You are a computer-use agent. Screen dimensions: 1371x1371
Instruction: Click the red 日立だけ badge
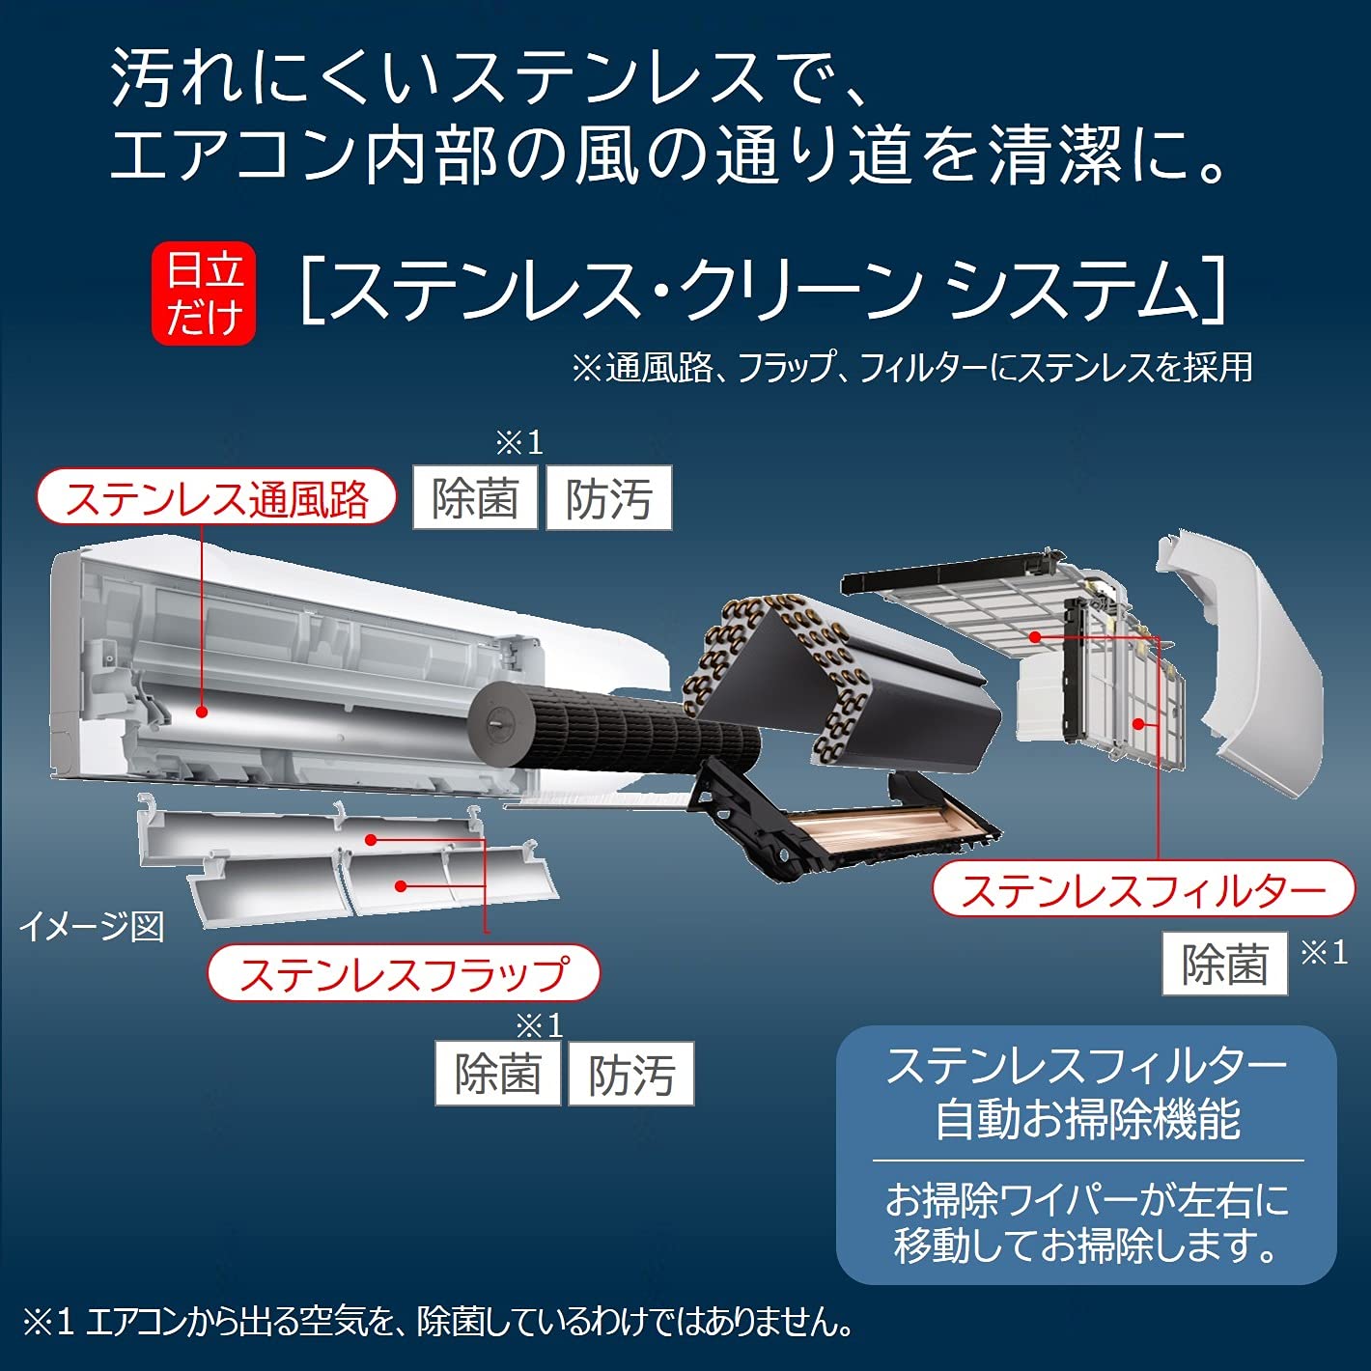pyautogui.click(x=204, y=293)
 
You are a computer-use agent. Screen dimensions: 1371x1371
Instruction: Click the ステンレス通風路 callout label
pyautogui.click(x=216, y=497)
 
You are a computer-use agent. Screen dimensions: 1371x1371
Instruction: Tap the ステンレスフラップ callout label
pyautogui.click(x=404, y=973)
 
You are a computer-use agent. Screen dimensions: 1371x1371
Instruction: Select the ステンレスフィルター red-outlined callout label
pyautogui.click(x=1143, y=889)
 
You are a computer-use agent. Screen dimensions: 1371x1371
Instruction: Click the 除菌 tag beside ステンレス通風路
pyautogui.click(x=475, y=498)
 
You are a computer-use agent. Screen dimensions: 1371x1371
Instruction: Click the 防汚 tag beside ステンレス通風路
pyautogui.click(x=608, y=498)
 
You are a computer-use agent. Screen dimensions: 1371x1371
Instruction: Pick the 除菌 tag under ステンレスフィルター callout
pyautogui.click(x=1224, y=964)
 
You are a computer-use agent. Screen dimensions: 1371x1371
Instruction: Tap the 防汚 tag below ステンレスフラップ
pyautogui.click(x=631, y=1074)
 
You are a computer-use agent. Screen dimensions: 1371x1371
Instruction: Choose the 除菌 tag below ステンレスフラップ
pyautogui.click(x=497, y=1074)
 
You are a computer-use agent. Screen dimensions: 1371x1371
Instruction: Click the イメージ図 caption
pyautogui.click(x=92, y=927)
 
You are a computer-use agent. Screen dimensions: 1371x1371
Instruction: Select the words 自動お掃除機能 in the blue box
pyautogui.click(x=1087, y=1120)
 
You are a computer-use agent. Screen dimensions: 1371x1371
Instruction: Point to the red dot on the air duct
pyautogui.click(x=203, y=712)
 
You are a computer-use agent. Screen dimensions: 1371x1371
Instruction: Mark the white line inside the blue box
pyautogui.click(x=1087, y=1161)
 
